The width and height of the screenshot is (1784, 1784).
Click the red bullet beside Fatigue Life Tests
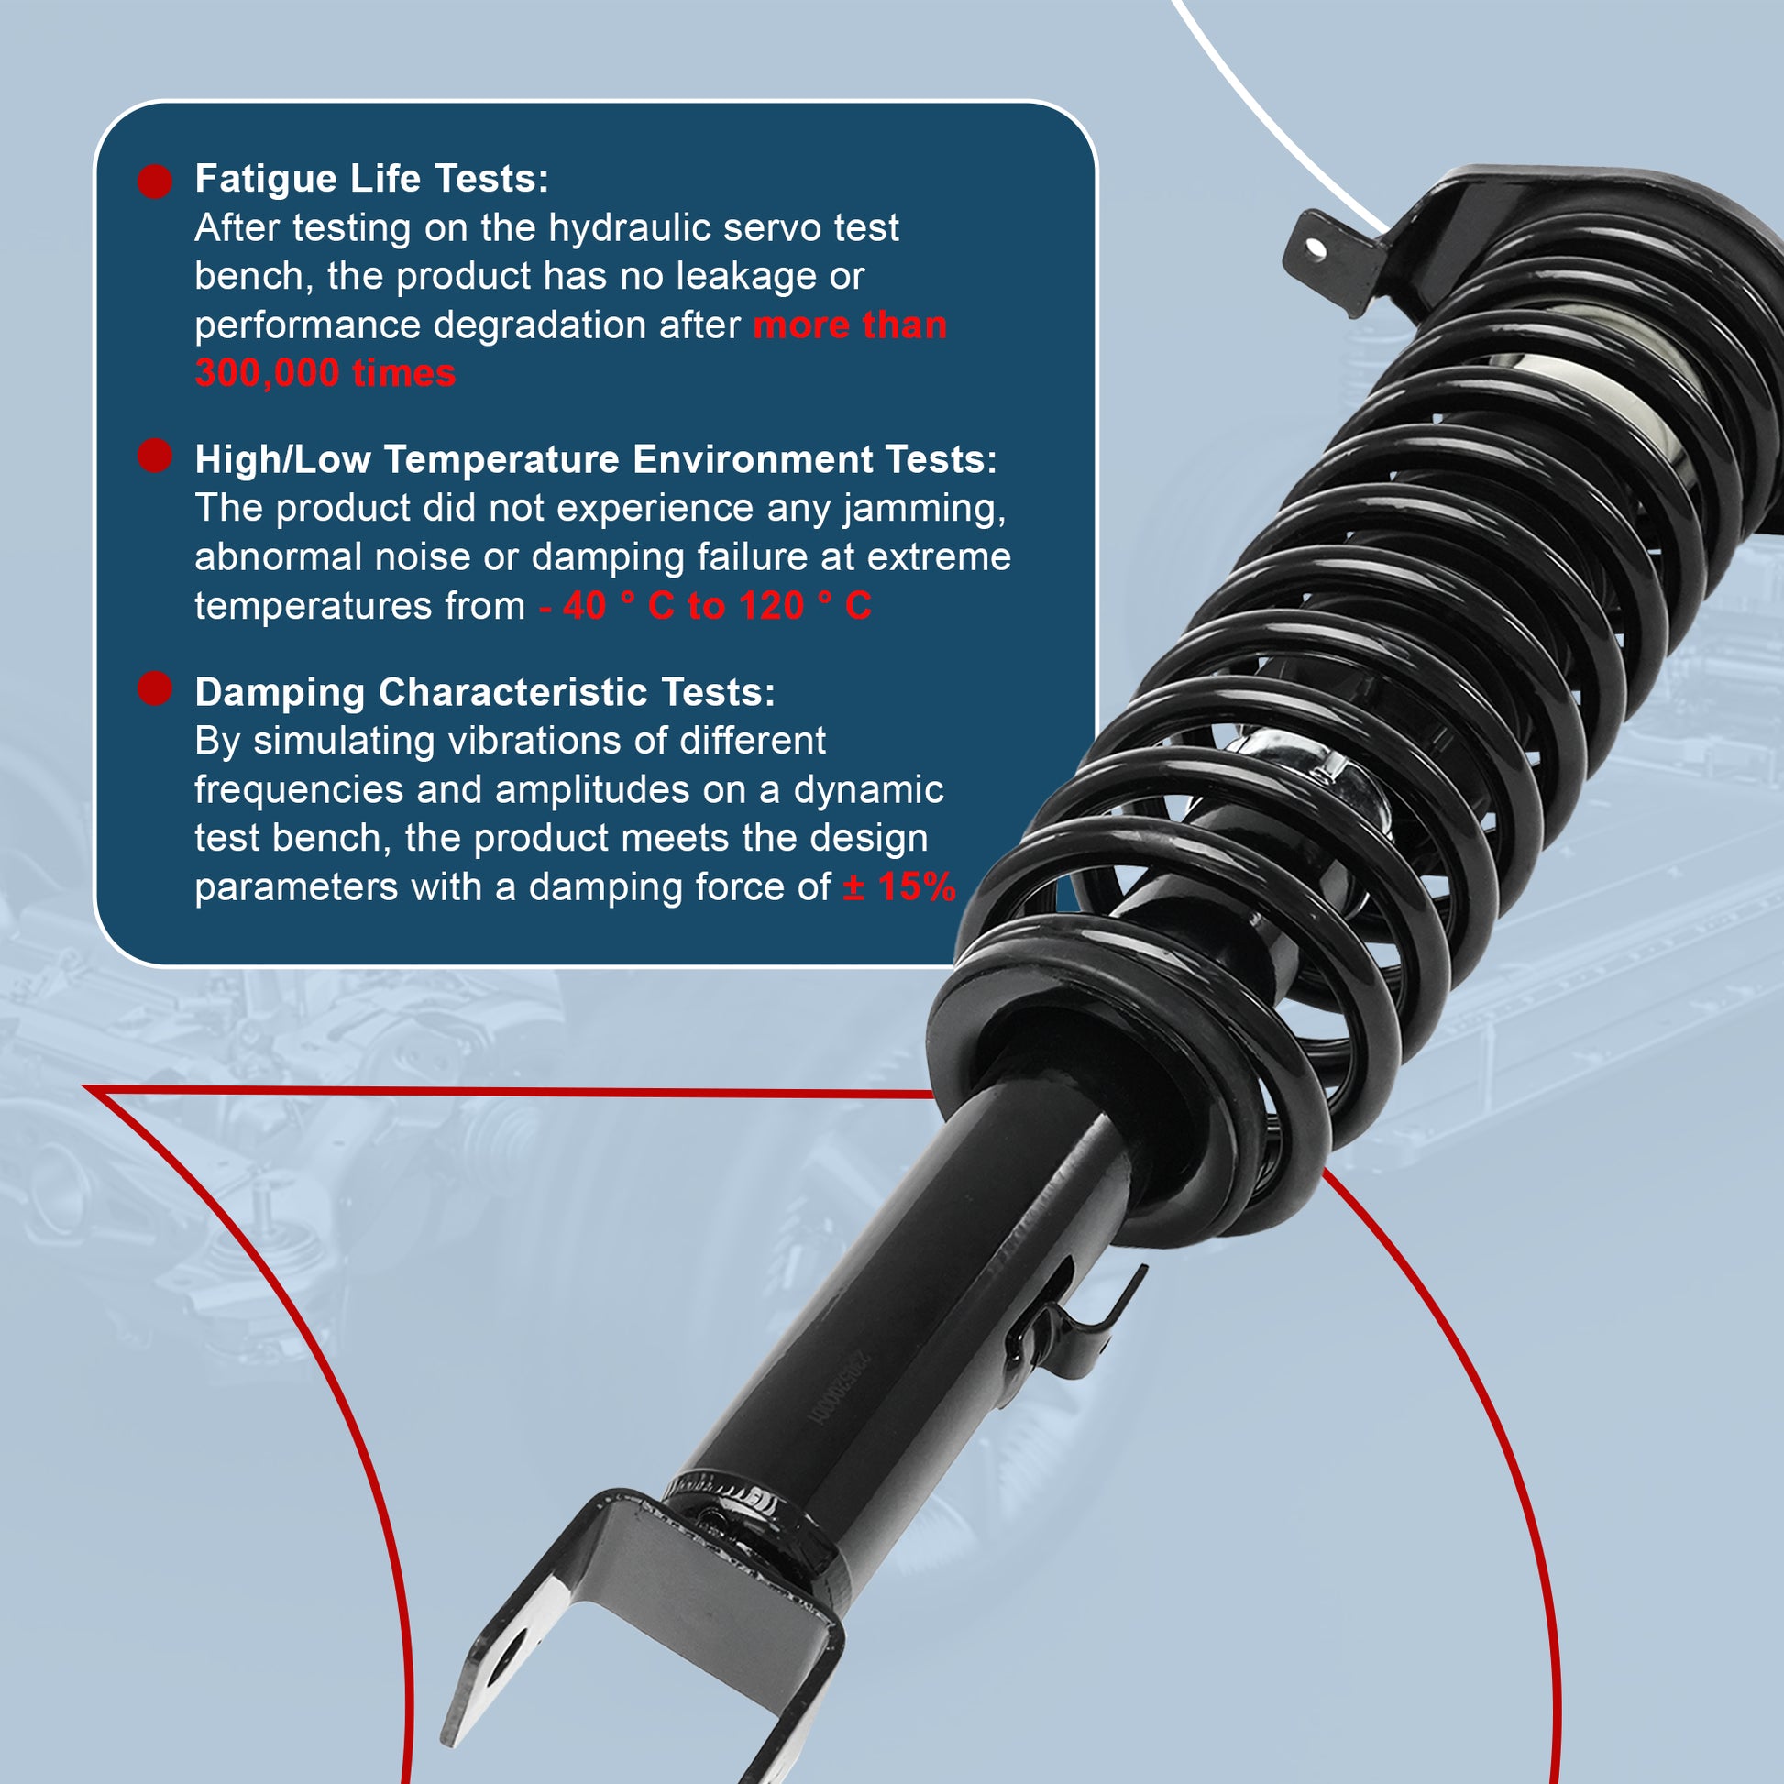(155, 181)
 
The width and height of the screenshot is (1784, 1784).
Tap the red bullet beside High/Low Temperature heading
(155, 456)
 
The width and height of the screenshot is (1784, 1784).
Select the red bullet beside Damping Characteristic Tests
(155, 688)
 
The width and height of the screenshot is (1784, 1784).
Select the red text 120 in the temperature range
(772, 607)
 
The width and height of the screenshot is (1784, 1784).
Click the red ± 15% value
(899, 887)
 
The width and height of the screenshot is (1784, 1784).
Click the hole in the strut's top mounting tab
(1316, 248)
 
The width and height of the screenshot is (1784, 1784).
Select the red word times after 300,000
(404, 374)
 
